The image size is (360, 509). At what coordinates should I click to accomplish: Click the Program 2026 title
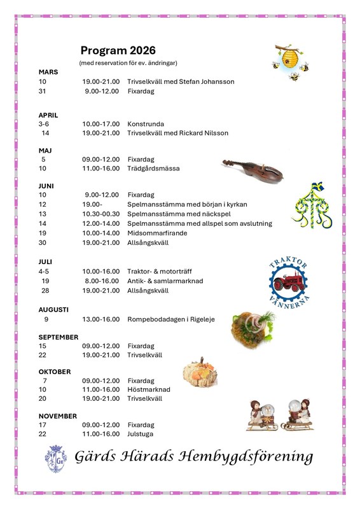(118, 51)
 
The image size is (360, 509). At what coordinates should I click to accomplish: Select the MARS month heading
(48, 72)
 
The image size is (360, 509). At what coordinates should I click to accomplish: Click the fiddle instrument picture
(253, 169)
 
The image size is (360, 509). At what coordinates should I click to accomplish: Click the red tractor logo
(289, 279)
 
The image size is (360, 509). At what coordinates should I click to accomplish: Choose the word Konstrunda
(146, 124)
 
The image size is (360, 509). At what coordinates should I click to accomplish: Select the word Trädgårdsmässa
(153, 169)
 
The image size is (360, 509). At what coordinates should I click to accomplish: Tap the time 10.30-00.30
(100, 214)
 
